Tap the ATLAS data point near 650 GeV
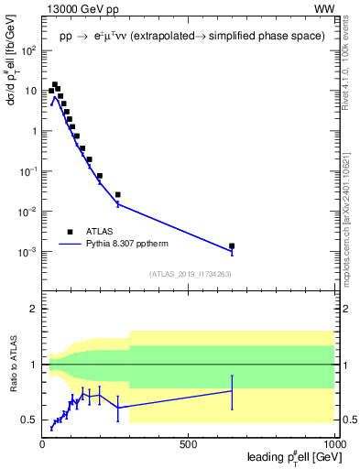(232, 245)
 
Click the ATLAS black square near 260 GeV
(118, 194)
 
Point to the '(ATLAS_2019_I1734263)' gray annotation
(190, 273)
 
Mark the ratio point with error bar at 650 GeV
(232, 391)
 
